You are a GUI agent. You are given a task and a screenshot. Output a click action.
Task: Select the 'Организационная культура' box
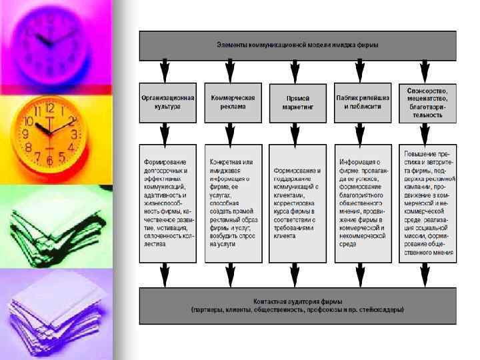click(168, 101)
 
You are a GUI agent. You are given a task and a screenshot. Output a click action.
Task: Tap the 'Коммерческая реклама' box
click(233, 101)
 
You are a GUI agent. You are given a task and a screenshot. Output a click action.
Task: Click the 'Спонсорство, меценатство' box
click(427, 101)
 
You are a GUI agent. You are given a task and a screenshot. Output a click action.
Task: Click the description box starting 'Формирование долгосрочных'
click(168, 202)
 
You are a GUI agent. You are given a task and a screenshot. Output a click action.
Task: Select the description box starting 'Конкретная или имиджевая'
click(233, 202)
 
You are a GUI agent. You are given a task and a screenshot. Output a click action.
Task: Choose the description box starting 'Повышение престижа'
click(427, 202)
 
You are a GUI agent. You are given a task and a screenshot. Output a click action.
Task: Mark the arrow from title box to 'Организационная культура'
click(166, 71)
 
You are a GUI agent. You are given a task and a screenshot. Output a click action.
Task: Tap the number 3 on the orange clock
click(75, 135)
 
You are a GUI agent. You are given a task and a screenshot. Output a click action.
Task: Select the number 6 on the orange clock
click(49, 160)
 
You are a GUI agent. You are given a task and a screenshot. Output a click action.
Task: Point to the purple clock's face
click(50, 40)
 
